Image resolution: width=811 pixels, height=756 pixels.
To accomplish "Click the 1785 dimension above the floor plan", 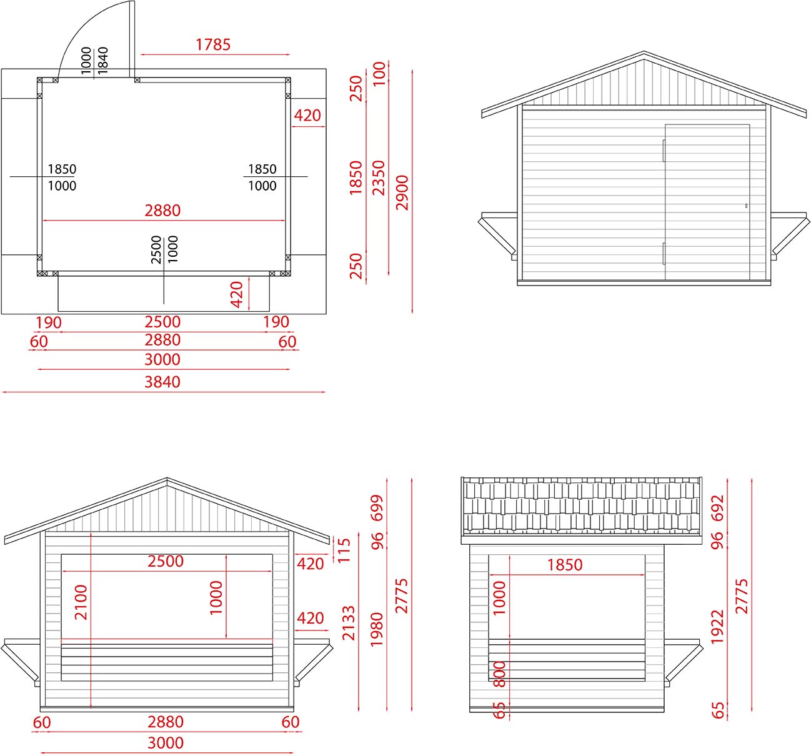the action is (213, 44).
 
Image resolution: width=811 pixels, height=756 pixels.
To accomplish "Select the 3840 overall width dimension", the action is (162, 382).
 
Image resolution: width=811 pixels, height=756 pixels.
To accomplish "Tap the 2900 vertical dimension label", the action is (402, 192).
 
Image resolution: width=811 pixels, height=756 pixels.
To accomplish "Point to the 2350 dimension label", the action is (379, 178).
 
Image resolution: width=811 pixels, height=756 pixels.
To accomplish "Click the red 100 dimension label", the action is (379, 74).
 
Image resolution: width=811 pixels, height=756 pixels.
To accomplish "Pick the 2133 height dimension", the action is (348, 623).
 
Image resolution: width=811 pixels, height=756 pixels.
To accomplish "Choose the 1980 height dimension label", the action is (377, 629).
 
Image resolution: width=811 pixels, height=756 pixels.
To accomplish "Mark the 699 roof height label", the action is (377, 508).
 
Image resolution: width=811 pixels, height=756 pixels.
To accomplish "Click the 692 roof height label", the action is (717, 508).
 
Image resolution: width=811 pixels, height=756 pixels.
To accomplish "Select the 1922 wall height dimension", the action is (717, 627).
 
